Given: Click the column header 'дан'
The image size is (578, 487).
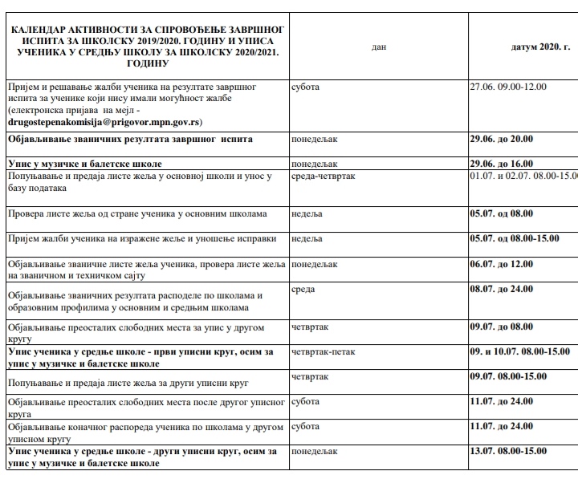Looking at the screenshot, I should click(x=379, y=47).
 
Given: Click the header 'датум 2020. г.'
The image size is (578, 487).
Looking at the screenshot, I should click(x=540, y=47).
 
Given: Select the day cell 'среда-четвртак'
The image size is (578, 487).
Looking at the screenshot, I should click(x=324, y=176).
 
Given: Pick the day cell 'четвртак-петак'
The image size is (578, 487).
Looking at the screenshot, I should click(x=323, y=351).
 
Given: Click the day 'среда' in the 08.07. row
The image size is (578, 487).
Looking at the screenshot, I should click(x=303, y=290).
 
